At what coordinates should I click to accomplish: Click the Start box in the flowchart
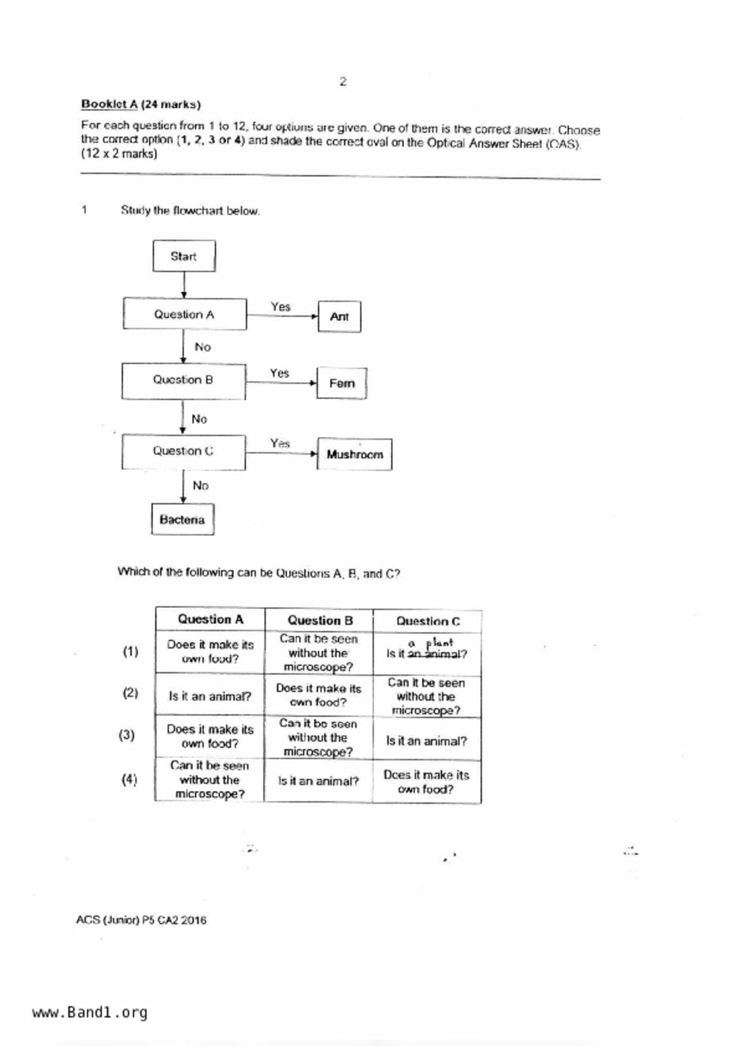click(184, 256)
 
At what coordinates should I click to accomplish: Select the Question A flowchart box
click(184, 314)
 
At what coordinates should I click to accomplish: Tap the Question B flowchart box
click(183, 380)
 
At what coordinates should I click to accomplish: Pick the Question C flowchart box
click(183, 451)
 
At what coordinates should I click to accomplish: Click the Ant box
click(339, 317)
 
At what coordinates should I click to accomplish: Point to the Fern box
click(341, 383)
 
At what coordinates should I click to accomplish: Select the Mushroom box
click(354, 454)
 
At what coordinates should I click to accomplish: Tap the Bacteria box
click(183, 519)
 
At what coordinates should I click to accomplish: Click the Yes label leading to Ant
click(280, 307)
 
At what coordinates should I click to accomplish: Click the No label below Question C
click(200, 486)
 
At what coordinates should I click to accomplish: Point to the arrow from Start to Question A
click(184, 285)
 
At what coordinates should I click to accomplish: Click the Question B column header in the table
click(320, 620)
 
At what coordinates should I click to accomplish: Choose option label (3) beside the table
click(126, 735)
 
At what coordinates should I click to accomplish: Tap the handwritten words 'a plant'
click(431, 643)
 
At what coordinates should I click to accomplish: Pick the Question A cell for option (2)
click(209, 696)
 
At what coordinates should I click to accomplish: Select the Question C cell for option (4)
click(426, 782)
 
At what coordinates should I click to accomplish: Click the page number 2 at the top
click(343, 82)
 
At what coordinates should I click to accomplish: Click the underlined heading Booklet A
click(109, 104)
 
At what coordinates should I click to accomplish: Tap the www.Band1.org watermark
click(89, 1012)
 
